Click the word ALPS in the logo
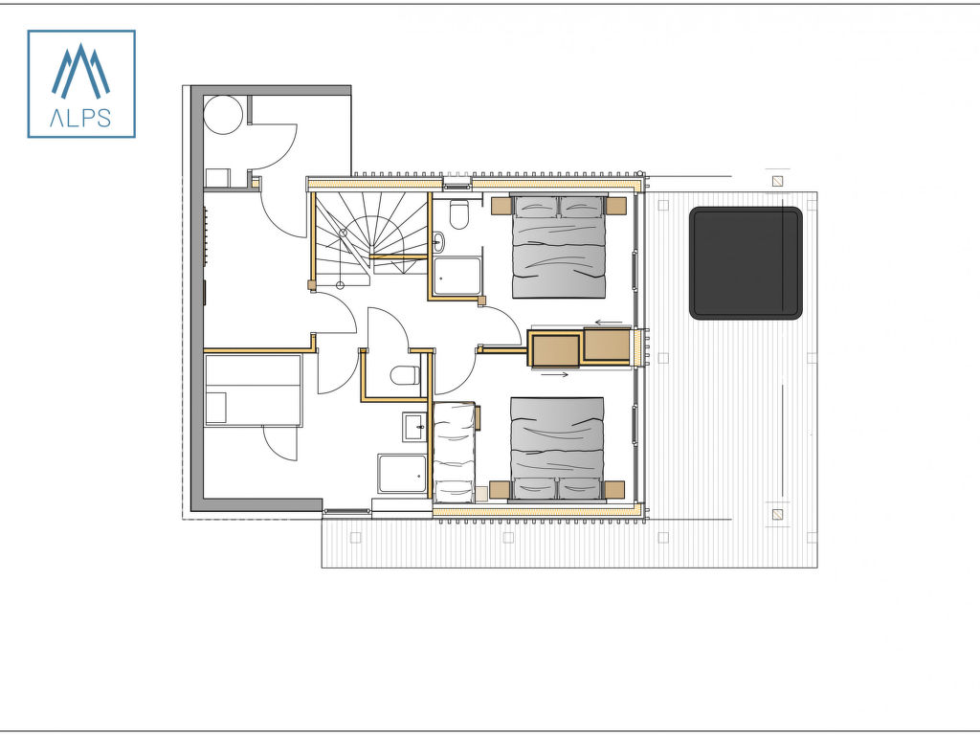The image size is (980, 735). tap(80, 118)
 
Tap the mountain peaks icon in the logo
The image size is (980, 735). tap(80, 71)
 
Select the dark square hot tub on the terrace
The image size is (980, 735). tap(746, 263)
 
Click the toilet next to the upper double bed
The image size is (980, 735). tap(458, 214)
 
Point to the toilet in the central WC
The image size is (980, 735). tap(405, 375)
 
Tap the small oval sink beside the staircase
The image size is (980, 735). tap(438, 240)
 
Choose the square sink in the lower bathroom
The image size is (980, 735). tap(413, 428)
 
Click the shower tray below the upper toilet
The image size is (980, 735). tap(458, 276)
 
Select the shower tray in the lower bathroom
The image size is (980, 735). tap(403, 474)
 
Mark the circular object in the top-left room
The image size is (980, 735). tap(223, 115)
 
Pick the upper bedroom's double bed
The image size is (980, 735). tap(559, 246)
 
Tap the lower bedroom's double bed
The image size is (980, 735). tap(557, 449)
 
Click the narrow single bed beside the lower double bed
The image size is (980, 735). tap(454, 453)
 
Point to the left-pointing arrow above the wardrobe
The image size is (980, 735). tap(608, 323)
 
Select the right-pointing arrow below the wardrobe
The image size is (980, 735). tap(554, 374)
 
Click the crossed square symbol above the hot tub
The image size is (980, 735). tap(777, 181)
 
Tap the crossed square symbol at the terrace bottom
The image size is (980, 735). tap(777, 514)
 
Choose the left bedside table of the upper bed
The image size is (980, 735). tap(501, 206)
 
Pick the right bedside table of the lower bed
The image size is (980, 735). tap(614, 489)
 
